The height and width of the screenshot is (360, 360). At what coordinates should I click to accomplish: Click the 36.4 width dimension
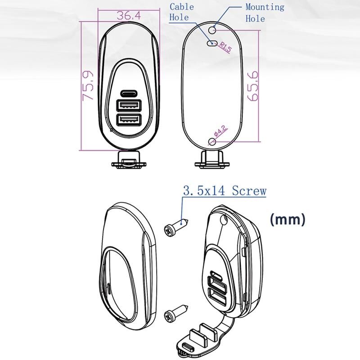129,16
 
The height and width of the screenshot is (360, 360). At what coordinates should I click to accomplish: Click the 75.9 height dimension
88,85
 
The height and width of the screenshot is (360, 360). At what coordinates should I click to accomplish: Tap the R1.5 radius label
225,47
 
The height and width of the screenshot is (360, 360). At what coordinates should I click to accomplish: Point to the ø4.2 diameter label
220,131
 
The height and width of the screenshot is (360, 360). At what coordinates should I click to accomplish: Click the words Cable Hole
182,12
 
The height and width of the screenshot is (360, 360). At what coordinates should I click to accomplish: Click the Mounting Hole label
265,13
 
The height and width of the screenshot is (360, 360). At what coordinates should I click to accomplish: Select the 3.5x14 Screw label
225,190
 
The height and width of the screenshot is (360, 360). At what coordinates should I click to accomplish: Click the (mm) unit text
288,220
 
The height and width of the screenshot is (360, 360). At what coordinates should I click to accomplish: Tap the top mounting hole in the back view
212,30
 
